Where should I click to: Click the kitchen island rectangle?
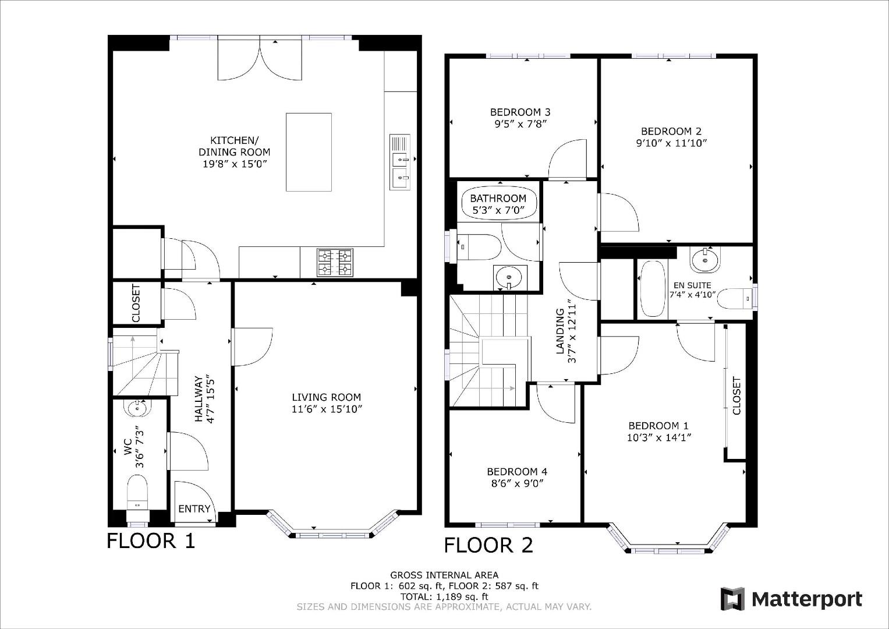pyautogui.click(x=309, y=152)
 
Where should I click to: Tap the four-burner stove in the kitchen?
pyautogui.click(x=335, y=262)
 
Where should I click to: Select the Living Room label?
pyautogui.click(x=326, y=397)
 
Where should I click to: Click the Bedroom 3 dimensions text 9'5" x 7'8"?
pyautogui.click(x=520, y=123)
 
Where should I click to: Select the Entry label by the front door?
pyautogui.click(x=194, y=508)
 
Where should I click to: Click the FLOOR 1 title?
pyautogui.click(x=151, y=541)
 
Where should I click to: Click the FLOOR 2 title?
pyautogui.click(x=488, y=545)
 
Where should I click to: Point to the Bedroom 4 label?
pyautogui.click(x=517, y=472)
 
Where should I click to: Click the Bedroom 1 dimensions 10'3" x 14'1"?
pyautogui.click(x=658, y=438)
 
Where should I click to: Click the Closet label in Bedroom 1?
pyautogui.click(x=736, y=396)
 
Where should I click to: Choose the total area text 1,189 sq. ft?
pyautogui.click(x=444, y=596)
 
